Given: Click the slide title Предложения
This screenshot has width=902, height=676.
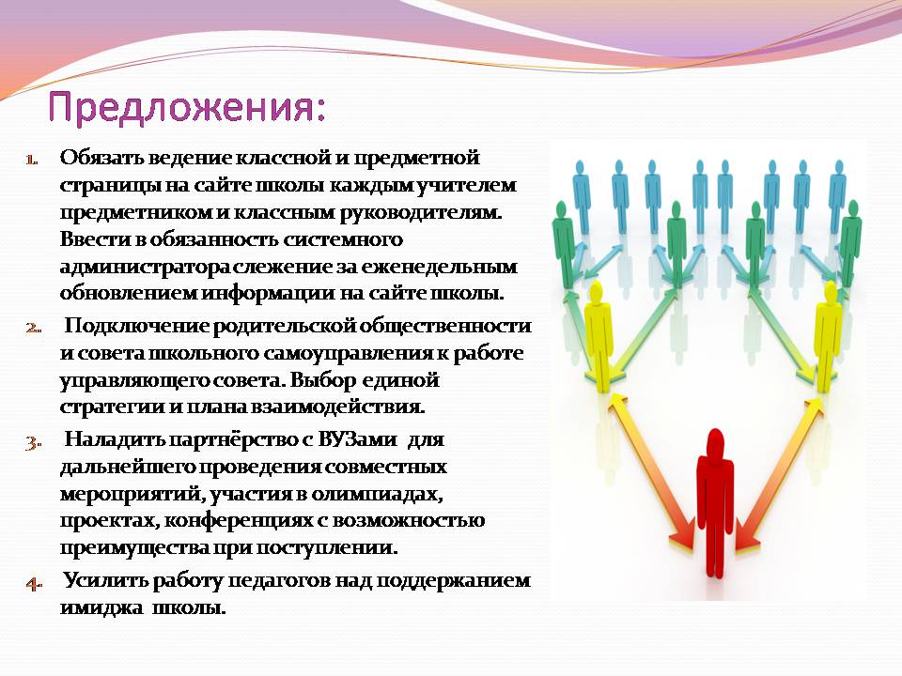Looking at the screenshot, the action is (187, 107).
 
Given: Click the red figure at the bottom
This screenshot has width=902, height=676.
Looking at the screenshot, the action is (715, 503).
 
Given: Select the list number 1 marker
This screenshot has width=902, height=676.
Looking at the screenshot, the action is (32, 160).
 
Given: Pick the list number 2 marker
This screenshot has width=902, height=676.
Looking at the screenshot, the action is (34, 329).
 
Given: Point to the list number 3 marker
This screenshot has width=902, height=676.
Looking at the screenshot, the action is (34, 443).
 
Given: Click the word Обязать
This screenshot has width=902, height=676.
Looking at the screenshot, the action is (101, 158).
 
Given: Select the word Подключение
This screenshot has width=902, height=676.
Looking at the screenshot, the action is (137, 326).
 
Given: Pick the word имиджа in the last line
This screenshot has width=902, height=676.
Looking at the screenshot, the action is (101, 608).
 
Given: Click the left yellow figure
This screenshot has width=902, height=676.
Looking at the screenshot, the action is (599, 335).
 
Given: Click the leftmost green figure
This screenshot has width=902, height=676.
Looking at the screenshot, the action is (564, 244).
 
